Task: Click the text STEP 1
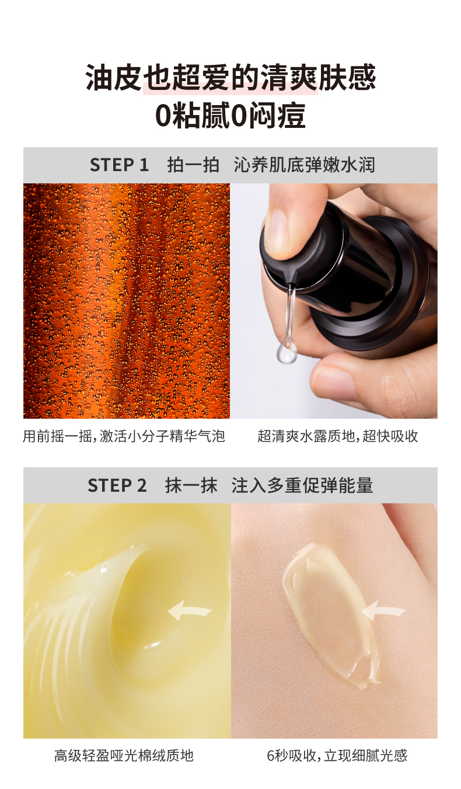(119, 165)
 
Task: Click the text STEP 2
(117, 485)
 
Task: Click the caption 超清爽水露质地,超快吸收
(337, 436)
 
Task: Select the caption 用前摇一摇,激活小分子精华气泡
(124, 436)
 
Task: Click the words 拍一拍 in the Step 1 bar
(193, 165)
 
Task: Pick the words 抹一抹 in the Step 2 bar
(191, 485)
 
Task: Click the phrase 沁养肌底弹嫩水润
(305, 165)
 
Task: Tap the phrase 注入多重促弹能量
(302, 485)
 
